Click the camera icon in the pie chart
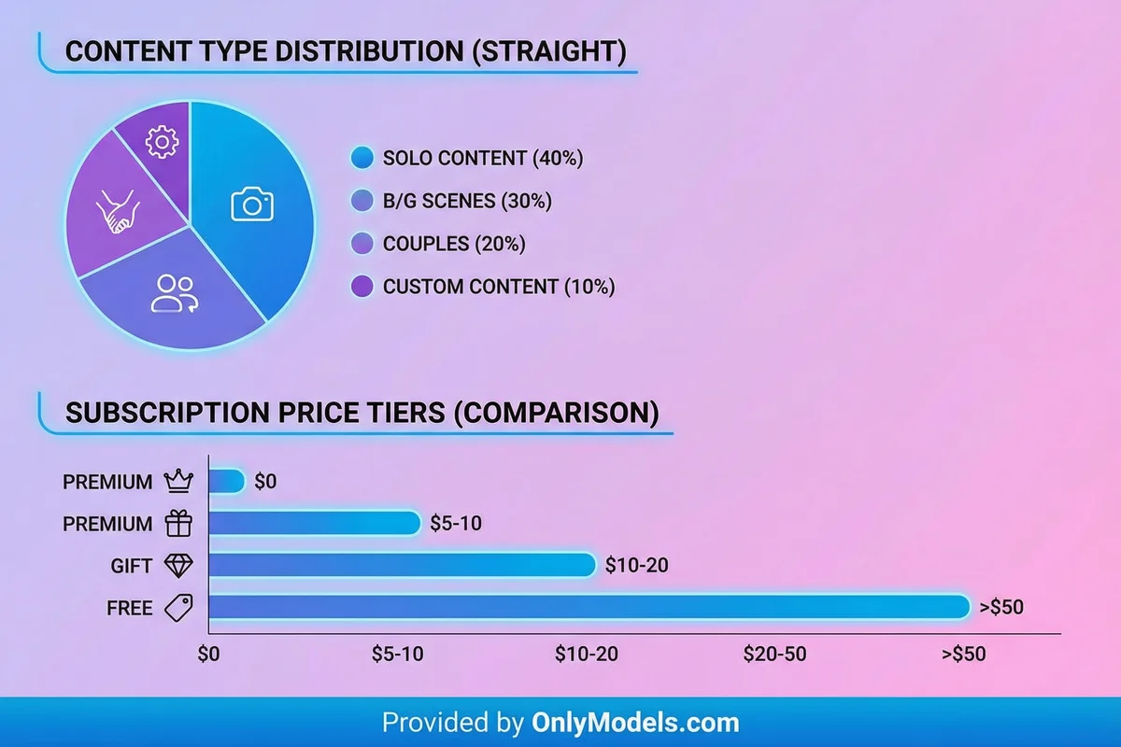pyautogui.click(x=252, y=204)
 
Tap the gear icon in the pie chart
pyautogui.click(x=163, y=141)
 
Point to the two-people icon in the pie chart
pyautogui.click(x=173, y=292)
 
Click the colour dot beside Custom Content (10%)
pyautogui.click(x=362, y=287)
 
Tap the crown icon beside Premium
pyautogui.click(x=177, y=482)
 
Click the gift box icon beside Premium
pyautogui.click(x=177, y=524)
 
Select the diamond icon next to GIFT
pyautogui.click(x=177, y=566)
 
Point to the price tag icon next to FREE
pyautogui.click(x=177, y=608)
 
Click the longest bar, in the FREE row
pyautogui.click(x=589, y=608)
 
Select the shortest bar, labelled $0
pyautogui.click(x=226, y=482)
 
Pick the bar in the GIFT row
pyautogui.click(x=402, y=566)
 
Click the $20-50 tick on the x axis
pyautogui.click(x=774, y=654)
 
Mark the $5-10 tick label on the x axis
pyautogui.click(x=399, y=654)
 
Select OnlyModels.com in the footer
pyautogui.click(x=635, y=722)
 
